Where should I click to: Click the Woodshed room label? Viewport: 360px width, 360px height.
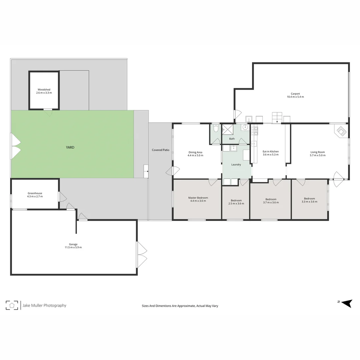(x=44, y=90)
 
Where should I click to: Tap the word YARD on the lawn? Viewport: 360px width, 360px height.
(x=70, y=147)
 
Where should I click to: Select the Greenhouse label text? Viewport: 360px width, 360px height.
(x=35, y=193)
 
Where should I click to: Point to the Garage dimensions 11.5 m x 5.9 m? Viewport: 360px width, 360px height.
(x=73, y=247)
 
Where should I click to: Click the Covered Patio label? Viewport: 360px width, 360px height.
(x=161, y=150)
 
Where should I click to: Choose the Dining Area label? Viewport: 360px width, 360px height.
(x=195, y=152)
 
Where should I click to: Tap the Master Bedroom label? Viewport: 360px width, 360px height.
(x=198, y=198)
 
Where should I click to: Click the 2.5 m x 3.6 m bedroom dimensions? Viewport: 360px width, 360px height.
(x=236, y=204)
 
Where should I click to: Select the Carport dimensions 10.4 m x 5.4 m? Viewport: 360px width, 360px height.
(x=295, y=97)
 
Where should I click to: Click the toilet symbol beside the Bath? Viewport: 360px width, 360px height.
(x=216, y=128)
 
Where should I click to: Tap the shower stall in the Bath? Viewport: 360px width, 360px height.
(x=228, y=129)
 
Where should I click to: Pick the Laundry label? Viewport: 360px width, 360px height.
(x=236, y=165)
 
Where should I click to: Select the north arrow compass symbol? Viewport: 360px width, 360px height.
(x=347, y=303)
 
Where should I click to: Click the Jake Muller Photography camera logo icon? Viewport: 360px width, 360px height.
(x=12, y=305)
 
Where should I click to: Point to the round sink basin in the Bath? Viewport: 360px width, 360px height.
(x=246, y=127)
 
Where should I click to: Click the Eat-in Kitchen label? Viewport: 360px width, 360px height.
(x=271, y=151)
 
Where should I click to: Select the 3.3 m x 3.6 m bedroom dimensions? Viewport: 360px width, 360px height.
(x=309, y=202)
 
